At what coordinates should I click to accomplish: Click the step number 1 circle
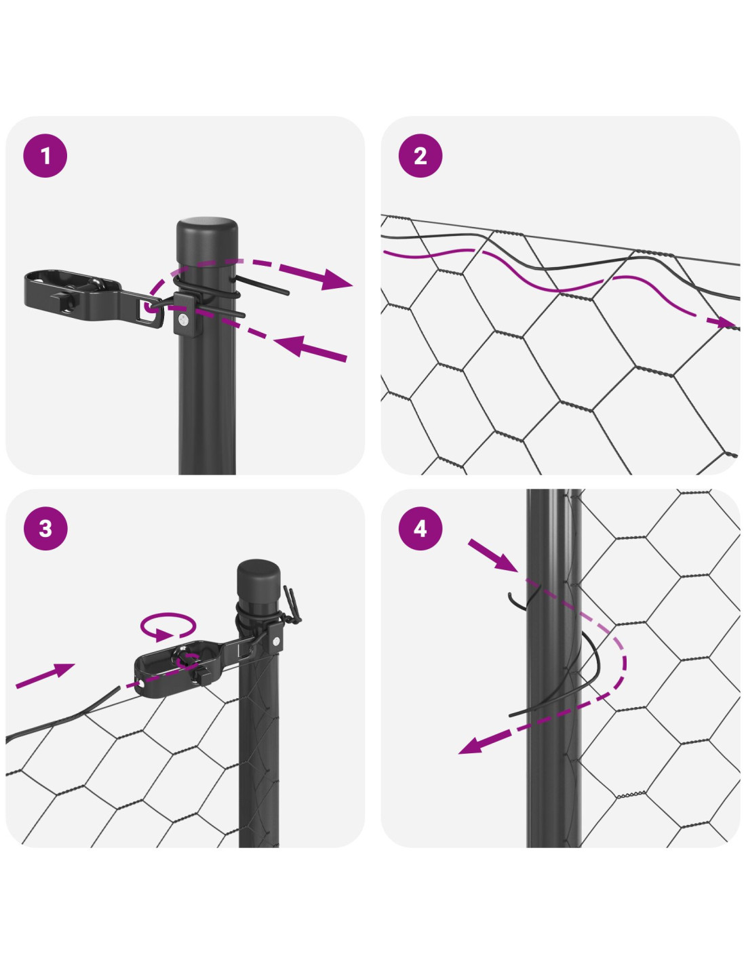click(45, 156)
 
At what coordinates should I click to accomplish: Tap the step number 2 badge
click(420, 156)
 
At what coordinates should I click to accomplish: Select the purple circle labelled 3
click(45, 528)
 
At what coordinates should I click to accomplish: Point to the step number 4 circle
click(420, 528)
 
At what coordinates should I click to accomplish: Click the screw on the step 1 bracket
click(183, 318)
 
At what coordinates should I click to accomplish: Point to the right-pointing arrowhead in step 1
click(336, 279)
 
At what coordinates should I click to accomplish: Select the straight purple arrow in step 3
click(45, 676)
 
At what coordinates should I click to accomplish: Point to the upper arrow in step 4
click(492, 555)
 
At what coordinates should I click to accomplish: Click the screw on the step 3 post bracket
click(275, 641)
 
